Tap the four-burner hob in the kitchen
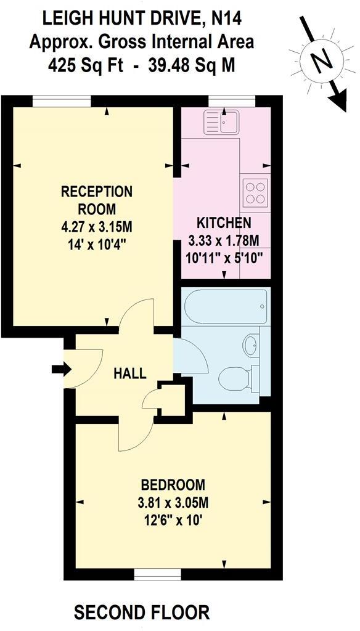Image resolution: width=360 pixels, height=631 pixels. (255, 192)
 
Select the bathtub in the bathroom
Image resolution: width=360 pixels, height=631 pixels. (225, 307)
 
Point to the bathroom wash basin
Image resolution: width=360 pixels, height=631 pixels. (252, 345)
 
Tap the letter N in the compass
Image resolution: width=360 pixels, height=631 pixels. (319, 62)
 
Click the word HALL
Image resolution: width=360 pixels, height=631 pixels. (130, 373)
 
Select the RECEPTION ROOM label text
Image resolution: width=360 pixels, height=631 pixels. (97, 200)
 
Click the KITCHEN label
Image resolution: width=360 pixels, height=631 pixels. (224, 223)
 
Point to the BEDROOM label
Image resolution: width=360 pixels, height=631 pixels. (172, 484)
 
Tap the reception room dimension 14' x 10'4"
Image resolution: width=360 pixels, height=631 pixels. (97, 243)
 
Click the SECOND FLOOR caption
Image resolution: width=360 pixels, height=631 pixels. (142, 613)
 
